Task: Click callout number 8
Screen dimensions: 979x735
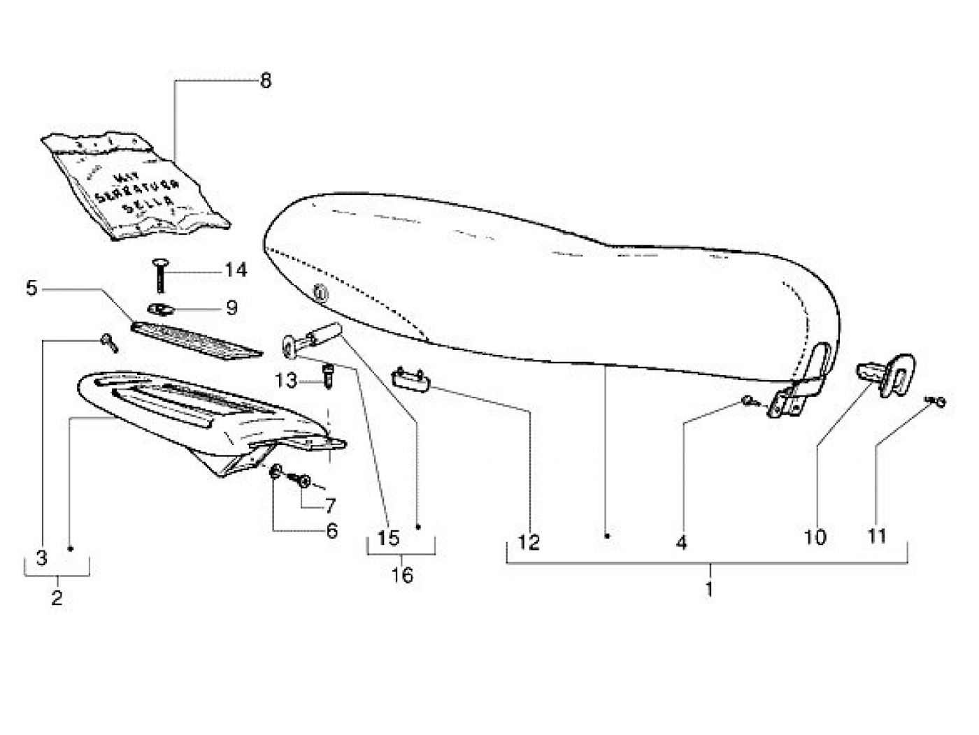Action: (265, 81)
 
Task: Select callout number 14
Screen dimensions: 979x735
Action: (236, 270)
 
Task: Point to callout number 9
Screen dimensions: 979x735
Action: (232, 307)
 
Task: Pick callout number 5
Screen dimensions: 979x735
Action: (31, 287)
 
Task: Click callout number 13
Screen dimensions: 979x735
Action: (286, 381)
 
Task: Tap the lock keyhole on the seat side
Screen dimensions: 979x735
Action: (319, 293)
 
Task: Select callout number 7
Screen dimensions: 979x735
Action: (328, 505)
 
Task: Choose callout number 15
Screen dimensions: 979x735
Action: (388, 538)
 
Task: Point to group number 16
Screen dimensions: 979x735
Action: (403, 576)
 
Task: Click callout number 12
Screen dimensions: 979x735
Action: (529, 542)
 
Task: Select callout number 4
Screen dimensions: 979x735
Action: (681, 542)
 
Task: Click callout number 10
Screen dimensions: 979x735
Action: (815, 537)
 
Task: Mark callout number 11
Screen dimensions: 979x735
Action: (877, 536)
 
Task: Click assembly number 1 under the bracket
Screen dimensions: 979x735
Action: (709, 589)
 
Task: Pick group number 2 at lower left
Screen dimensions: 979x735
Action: (57, 598)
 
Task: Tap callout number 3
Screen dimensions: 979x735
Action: (41, 558)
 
